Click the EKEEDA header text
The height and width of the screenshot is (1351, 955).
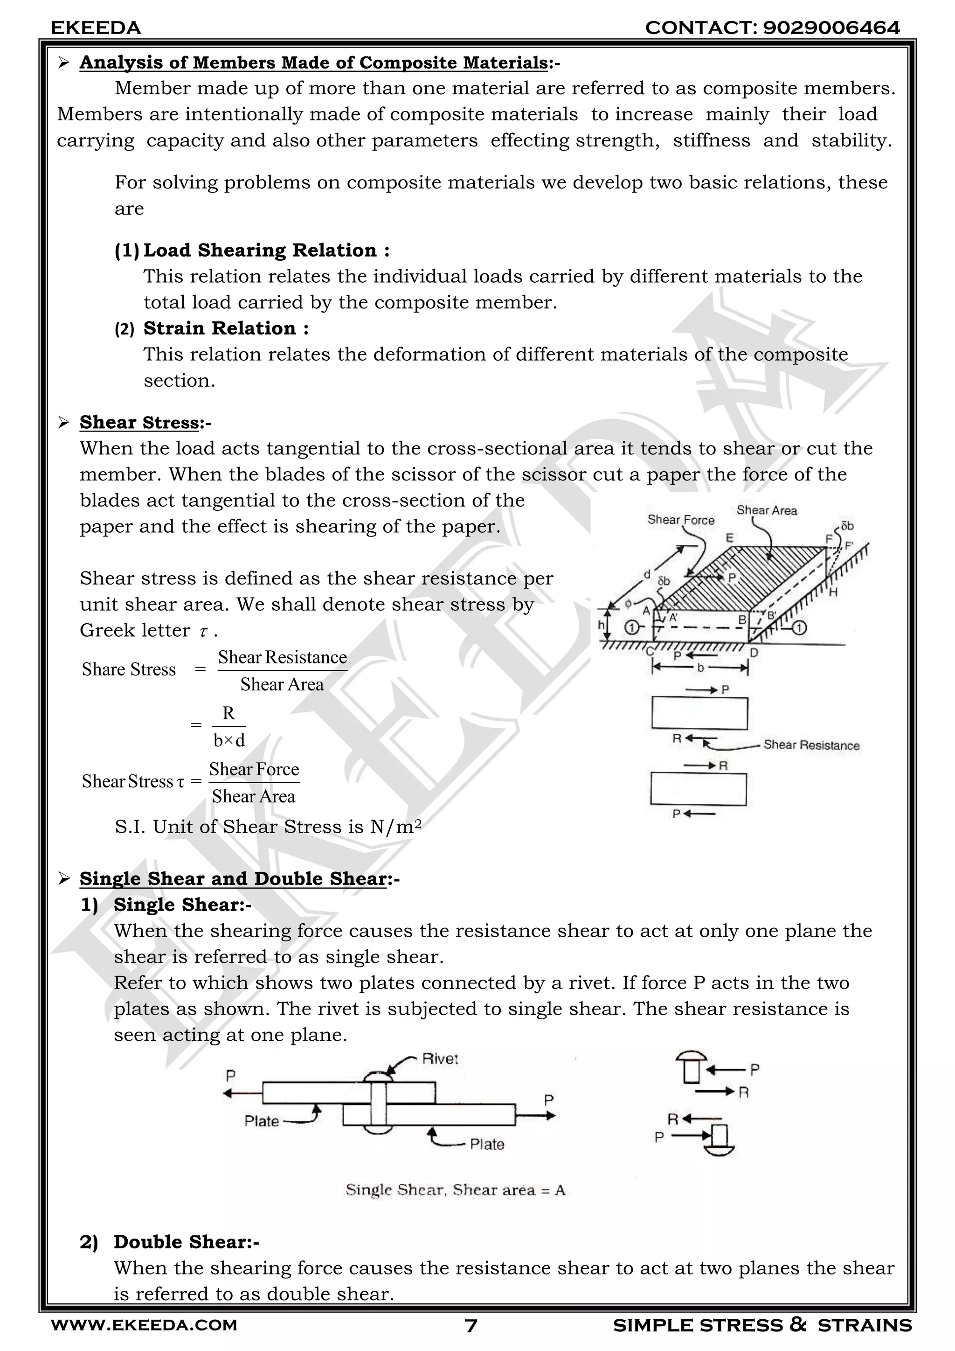point(96,28)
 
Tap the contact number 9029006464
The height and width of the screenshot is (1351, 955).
point(830,28)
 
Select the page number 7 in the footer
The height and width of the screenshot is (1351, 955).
point(471,1326)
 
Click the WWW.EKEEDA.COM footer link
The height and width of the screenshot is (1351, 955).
point(144,1325)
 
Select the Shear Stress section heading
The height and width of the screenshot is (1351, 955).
point(139,423)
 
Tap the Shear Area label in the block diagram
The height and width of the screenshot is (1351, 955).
point(766,511)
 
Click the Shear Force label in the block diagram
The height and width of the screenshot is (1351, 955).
point(680,520)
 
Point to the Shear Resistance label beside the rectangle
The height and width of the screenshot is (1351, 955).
point(811,745)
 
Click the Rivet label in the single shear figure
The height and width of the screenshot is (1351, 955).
point(439,1059)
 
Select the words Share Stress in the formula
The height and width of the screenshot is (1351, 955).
point(129,669)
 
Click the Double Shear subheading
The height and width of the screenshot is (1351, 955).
point(186,1242)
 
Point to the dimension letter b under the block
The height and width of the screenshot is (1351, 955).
point(700,668)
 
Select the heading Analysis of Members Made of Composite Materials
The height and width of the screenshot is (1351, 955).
point(314,63)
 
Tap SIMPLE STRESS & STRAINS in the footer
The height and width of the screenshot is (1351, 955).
point(761,1325)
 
